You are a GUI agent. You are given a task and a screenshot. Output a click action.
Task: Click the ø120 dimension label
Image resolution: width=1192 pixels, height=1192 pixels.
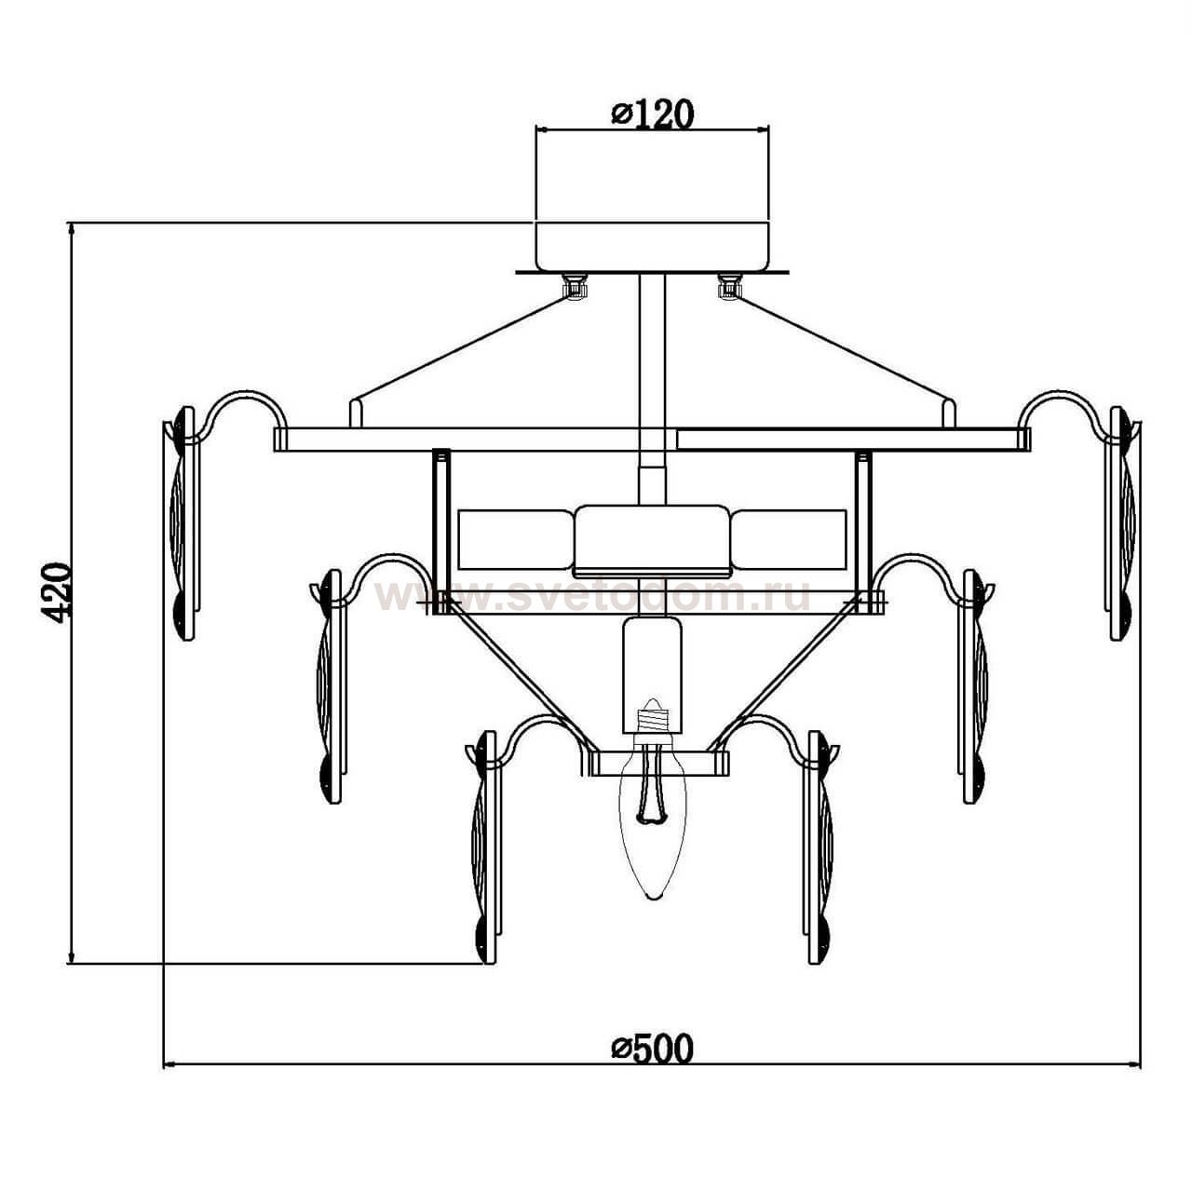coord(652,114)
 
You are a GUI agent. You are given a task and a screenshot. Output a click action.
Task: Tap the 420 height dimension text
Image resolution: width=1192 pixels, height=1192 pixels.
coord(57,592)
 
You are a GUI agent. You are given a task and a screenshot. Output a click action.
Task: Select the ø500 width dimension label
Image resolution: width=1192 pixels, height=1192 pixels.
coord(652,1048)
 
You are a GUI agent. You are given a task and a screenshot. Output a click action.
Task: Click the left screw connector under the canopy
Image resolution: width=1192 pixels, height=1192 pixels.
coord(575,287)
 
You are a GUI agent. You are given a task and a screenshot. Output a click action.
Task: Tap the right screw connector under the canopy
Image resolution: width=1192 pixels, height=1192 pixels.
coord(729,287)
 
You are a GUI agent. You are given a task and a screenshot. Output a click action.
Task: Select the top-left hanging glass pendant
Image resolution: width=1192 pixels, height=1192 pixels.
coord(183,522)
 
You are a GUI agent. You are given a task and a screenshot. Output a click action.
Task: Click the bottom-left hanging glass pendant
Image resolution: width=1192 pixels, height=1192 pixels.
coord(485,847)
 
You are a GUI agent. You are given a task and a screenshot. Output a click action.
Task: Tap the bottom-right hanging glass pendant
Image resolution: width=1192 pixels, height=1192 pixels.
coord(820,847)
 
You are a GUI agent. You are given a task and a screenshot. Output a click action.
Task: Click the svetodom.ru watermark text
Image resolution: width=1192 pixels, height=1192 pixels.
coord(592,597)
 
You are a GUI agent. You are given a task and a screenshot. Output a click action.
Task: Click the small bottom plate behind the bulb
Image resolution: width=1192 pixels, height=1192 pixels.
coord(656,763)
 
